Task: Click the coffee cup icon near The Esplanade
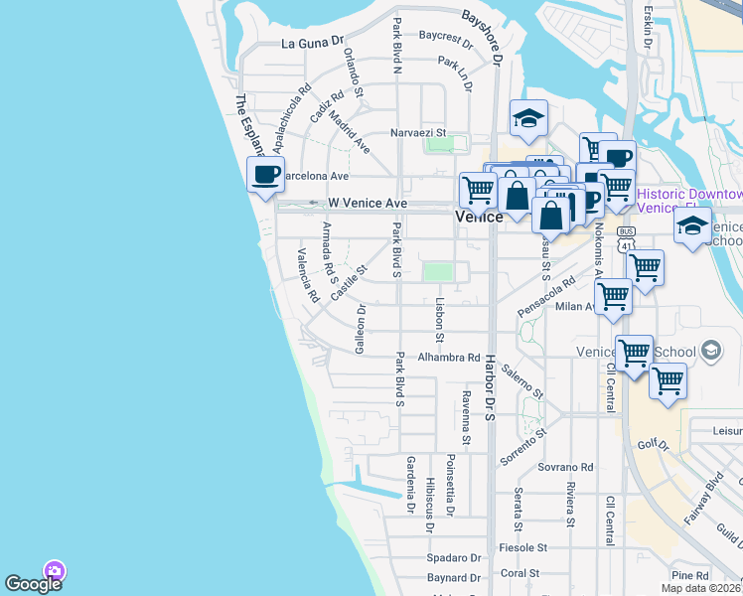click(x=265, y=176)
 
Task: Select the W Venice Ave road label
click(x=368, y=203)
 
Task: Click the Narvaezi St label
click(x=417, y=132)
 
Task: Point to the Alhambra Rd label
click(x=449, y=358)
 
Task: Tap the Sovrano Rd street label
click(x=566, y=466)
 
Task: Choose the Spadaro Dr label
click(x=454, y=558)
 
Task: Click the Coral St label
click(x=520, y=573)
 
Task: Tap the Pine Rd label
click(x=689, y=575)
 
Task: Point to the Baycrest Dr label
click(x=446, y=38)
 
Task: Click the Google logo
click(x=33, y=583)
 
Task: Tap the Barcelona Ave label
click(x=316, y=175)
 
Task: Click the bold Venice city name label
click(x=479, y=217)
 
